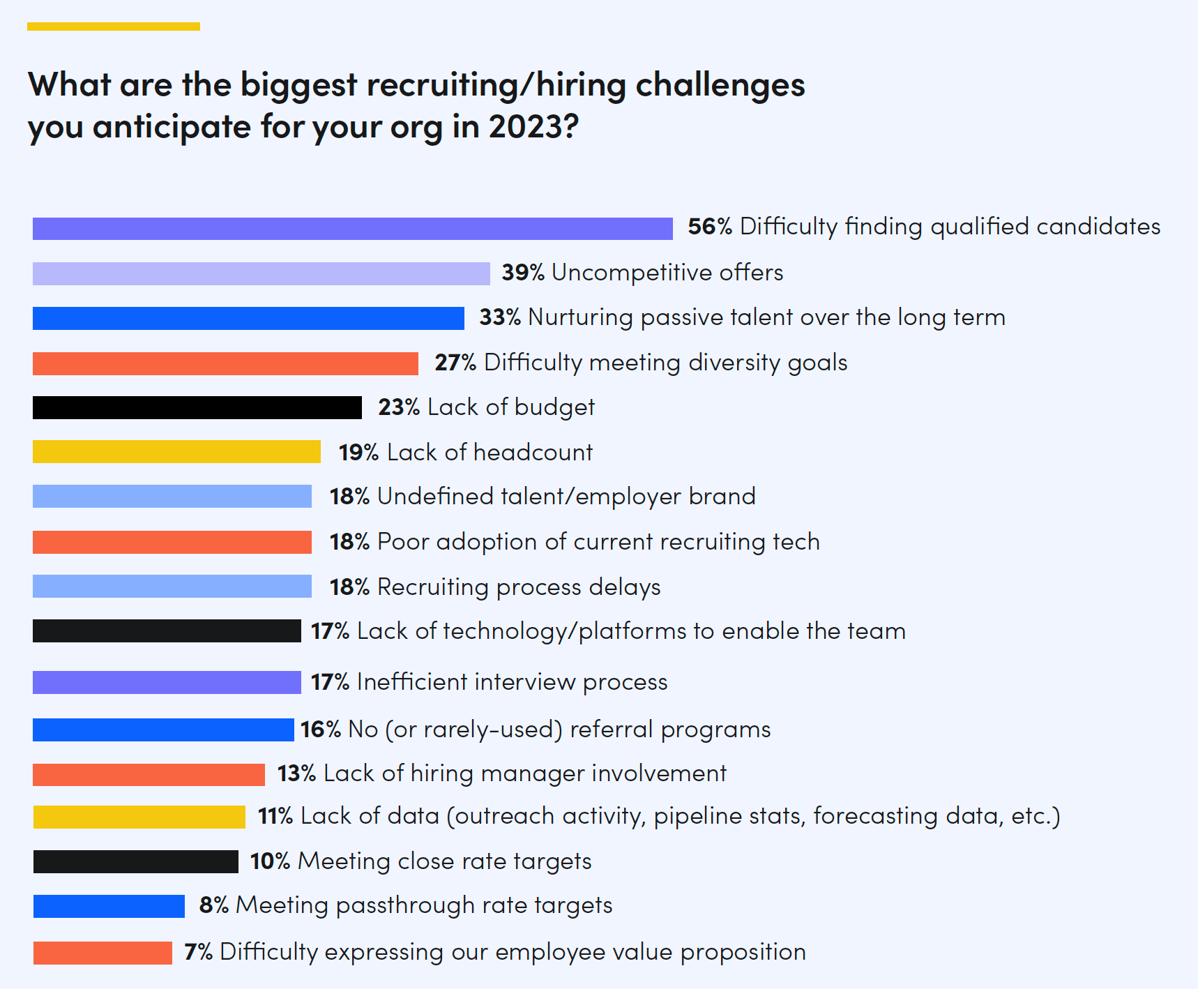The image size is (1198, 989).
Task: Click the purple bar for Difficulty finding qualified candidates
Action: tap(352, 229)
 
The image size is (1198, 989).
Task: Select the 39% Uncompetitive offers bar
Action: tap(261, 273)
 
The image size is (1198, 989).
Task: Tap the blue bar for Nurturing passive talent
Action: tap(248, 318)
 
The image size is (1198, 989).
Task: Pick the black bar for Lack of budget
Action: tap(197, 407)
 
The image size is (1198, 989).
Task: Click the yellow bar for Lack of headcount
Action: tap(176, 452)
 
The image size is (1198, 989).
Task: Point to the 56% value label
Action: tap(709, 227)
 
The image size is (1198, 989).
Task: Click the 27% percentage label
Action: tap(455, 363)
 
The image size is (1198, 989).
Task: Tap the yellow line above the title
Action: tap(114, 27)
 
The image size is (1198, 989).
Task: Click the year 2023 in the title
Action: tap(533, 127)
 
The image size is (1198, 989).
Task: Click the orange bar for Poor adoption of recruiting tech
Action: tap(172, 542)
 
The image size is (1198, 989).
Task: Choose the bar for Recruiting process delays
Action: tap(172, 587)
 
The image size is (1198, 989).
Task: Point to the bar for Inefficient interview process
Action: tap(167, 682)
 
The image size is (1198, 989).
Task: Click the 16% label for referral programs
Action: tap(320, 730)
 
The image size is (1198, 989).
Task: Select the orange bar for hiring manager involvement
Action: tap(149, 774)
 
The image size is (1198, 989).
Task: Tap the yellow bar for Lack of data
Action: tap(139, 817)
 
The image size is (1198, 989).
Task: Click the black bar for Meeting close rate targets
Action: tap(135, 861)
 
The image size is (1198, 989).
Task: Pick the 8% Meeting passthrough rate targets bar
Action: tap(109, 906)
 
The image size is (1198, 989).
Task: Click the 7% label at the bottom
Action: tap(198, 952)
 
